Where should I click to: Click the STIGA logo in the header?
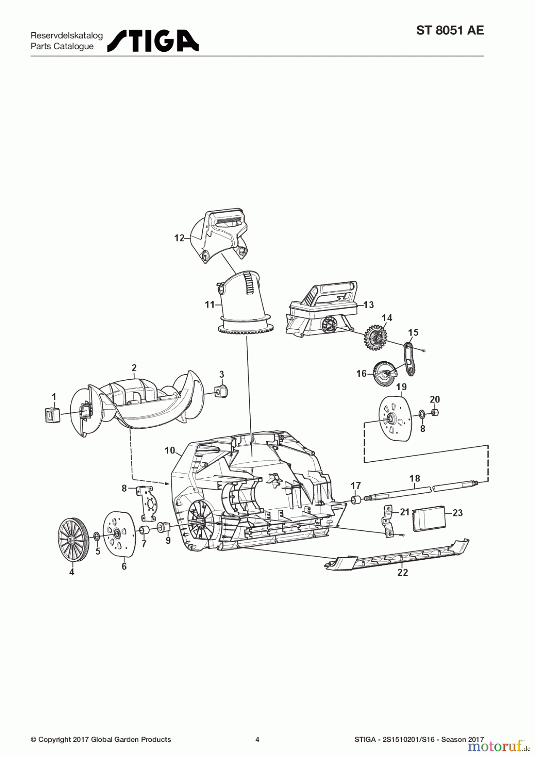pyautogui.click(x=153, y=41)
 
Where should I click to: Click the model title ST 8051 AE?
pyautogui.click(x=450, y=31)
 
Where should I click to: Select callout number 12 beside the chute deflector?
pyautogui.click(x=179, y=238)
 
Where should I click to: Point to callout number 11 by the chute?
pyautogui.click(x=210, y=304)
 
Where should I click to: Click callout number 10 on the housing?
pyautogui.click(x=170, y=450)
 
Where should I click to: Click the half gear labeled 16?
pyautogui.click(x=384, y=373)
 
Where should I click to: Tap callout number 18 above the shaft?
pyautogui.click(x=415, y=478)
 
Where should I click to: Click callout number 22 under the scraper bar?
pyautogui.click(x=403, y=572)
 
